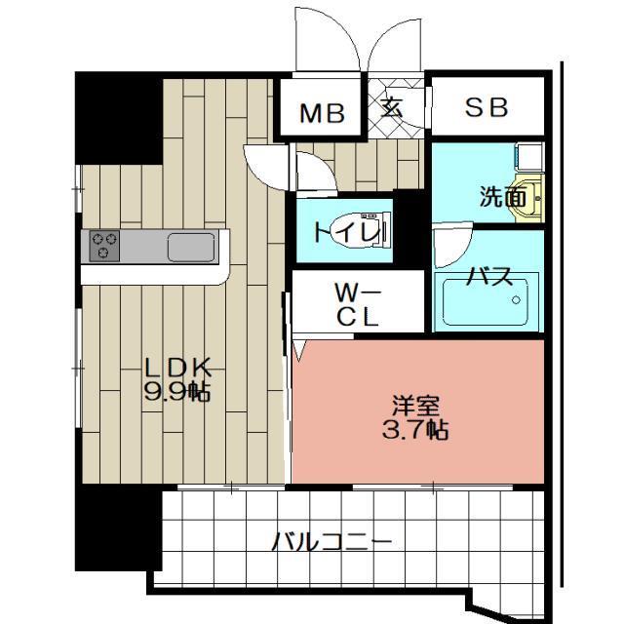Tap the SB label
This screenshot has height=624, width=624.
click(486, 108)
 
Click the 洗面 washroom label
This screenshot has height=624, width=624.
click(502, 198)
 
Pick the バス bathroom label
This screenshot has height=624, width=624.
click(488, 275)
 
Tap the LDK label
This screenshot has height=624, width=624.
click(178, 370)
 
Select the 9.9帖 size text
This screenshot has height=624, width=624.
click(178, 392)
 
